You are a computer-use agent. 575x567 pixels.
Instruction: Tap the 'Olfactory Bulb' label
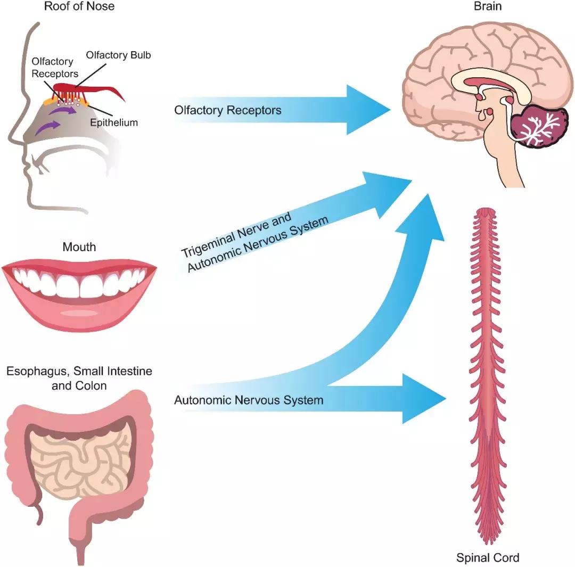pos(118,55)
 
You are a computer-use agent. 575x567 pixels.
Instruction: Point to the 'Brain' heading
pos(488,7)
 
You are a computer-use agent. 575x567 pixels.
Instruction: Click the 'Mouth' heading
pos(79,247)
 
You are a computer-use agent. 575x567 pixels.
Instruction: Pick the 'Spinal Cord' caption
pos(488,558)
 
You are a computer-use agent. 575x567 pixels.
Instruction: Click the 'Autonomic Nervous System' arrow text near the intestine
pos(249,399)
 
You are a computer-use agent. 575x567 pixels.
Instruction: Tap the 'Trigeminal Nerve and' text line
pos(237,234)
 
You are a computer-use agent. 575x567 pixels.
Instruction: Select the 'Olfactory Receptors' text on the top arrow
pos(228,110)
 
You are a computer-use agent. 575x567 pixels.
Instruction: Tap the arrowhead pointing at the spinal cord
pos(423,398)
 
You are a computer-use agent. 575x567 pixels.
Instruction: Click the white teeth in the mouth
pos(79,282)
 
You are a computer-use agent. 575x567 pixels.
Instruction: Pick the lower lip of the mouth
pos(79,314)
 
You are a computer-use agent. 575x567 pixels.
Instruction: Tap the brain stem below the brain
pos(503,165)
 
